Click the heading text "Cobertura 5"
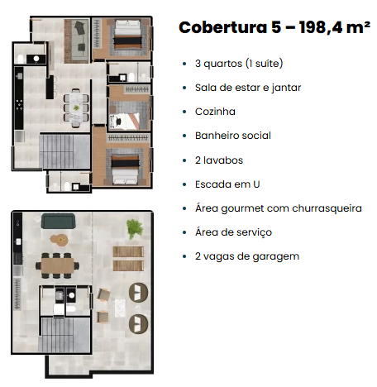point(230,27)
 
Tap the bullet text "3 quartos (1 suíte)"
point(239,64)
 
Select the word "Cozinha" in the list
point(215,112)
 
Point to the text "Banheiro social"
point(233,136)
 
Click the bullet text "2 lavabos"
point(219,160)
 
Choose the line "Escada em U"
point(227,184)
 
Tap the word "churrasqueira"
point(327,208)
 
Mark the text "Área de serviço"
point(233,232)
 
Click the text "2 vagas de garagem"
point(247,256)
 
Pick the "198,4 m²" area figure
point(335,27)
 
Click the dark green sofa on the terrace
point(58,221)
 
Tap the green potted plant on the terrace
point(135,228)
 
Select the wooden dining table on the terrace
point(58,265)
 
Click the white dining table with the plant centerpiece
point(76,107)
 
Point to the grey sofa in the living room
point(80,40)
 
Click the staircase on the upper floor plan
point(65,150)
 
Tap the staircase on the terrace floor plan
point(64,335)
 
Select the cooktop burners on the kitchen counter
point(19,105)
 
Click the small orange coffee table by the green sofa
point(59,240)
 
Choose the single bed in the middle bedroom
point(125,121)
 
